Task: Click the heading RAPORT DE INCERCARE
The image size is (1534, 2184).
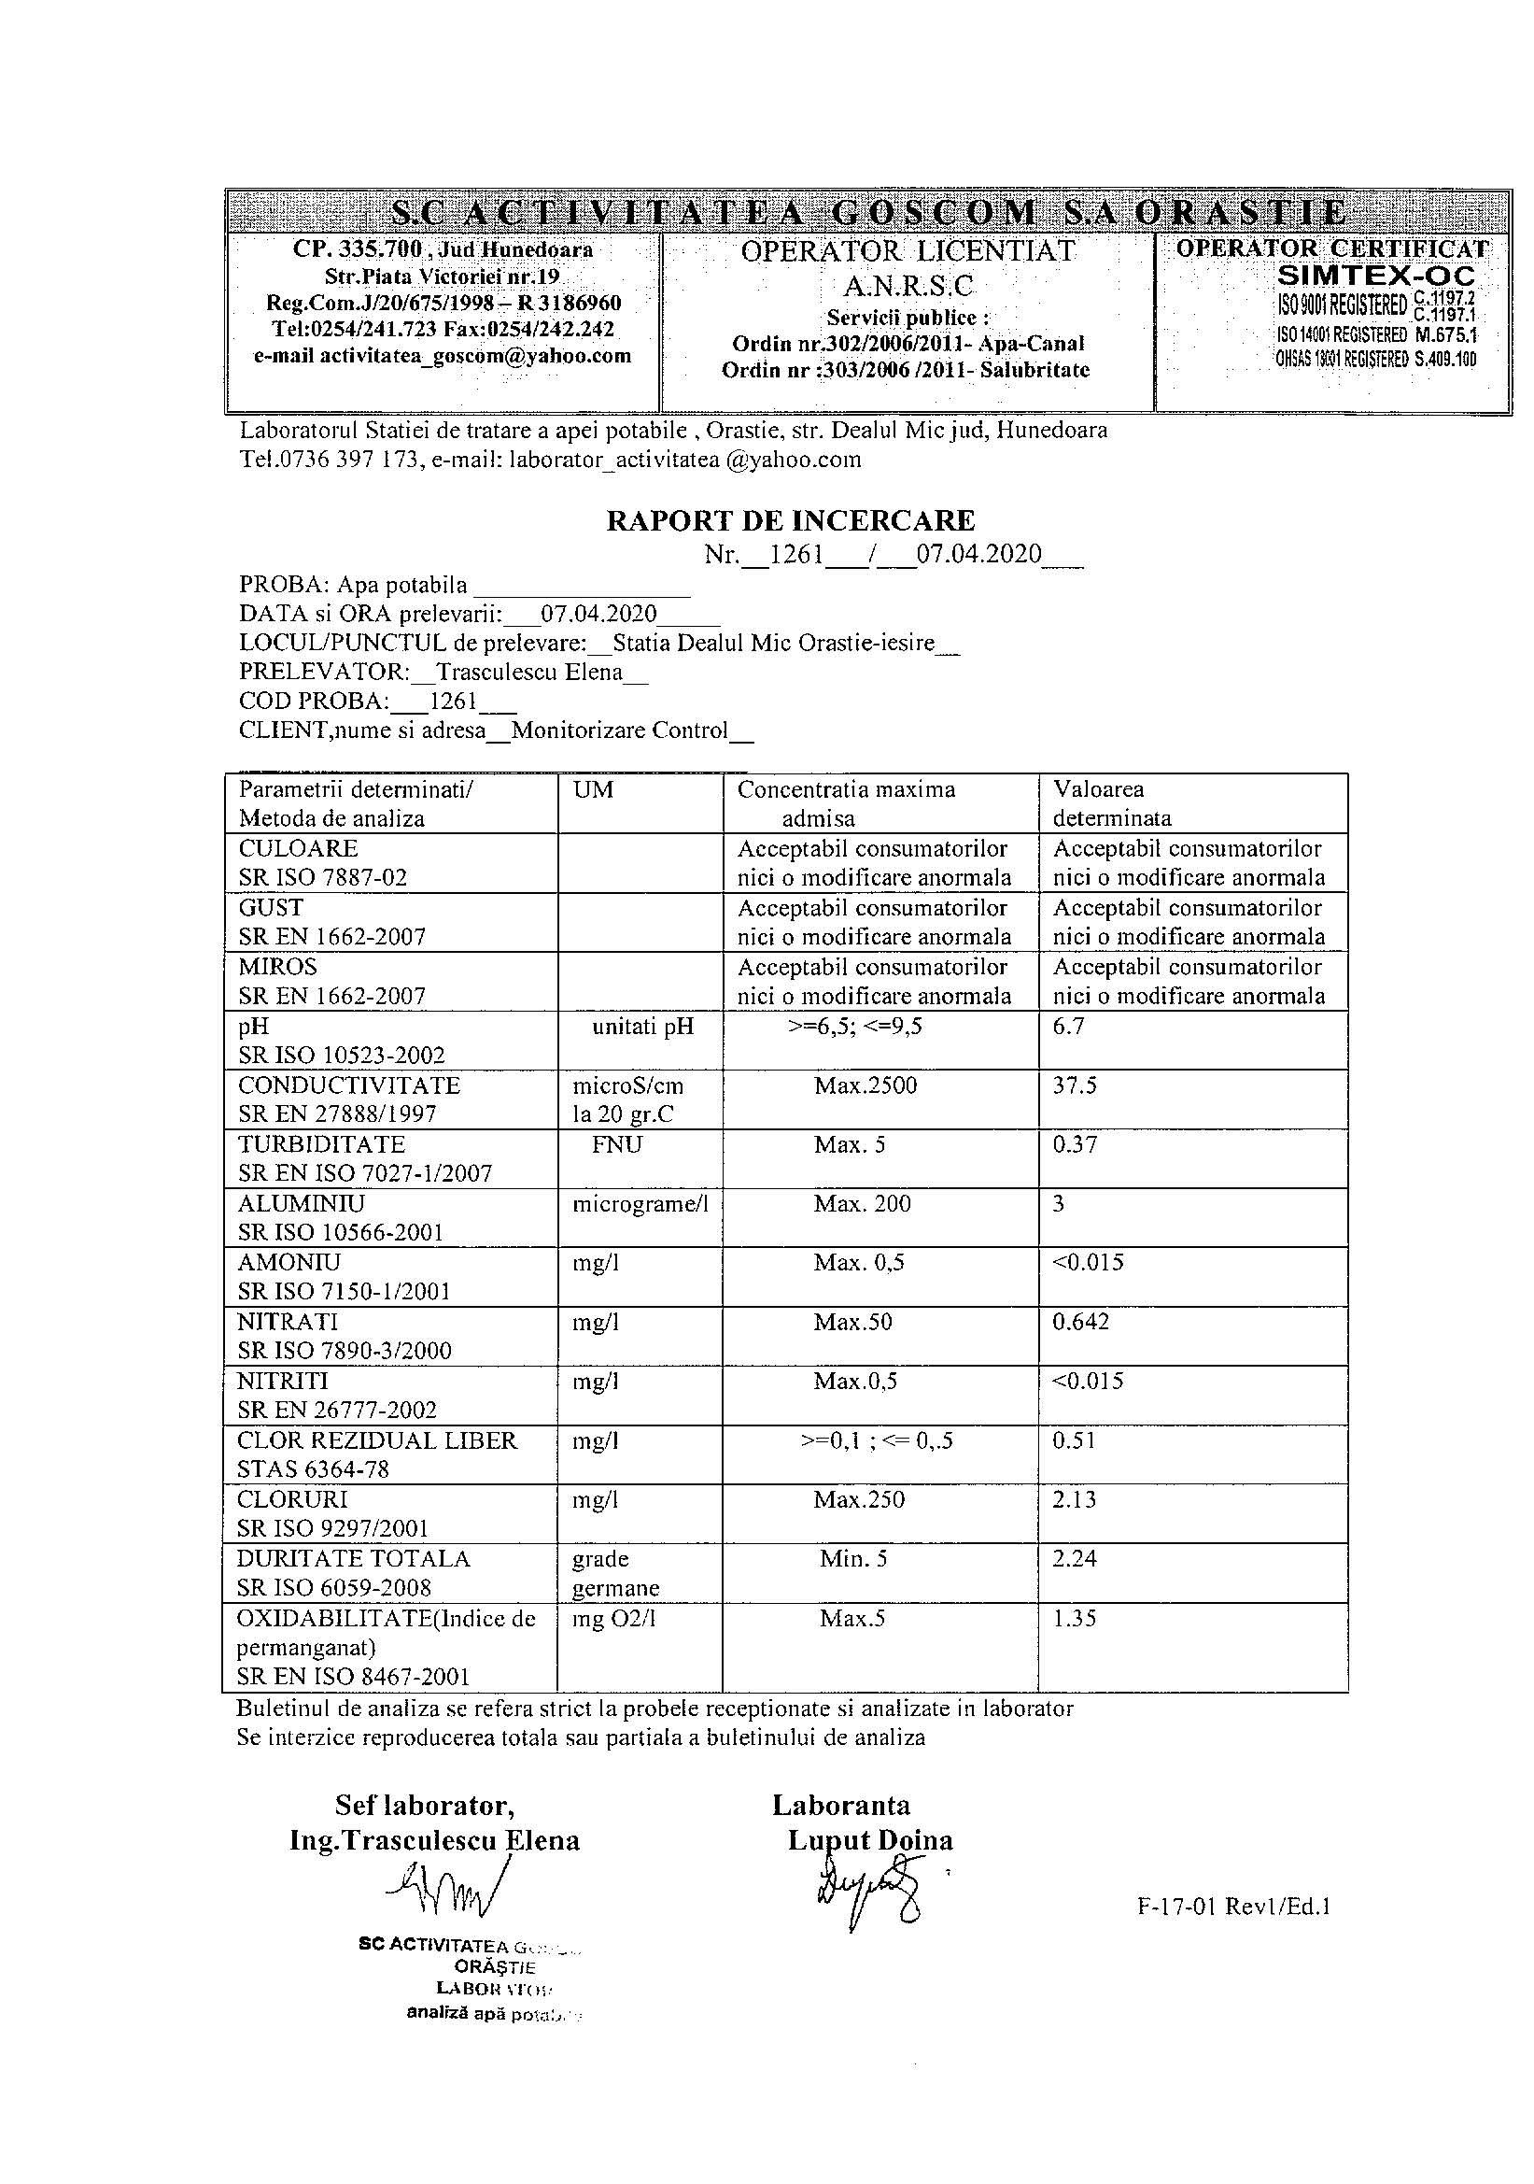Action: click(790, 520)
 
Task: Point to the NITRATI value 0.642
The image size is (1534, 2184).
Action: click(1080, 1321)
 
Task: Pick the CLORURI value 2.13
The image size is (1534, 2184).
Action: click(1075, 1499)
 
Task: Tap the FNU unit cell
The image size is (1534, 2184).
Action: click(616, 1144)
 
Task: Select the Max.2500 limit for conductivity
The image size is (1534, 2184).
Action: click(866, 1085)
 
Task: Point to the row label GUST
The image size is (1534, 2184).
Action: click(271, 907)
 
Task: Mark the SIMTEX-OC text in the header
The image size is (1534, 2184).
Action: click(1376, 277)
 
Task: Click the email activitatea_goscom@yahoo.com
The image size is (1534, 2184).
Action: click(443, 356)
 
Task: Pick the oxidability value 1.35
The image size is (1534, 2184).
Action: click(1075, 1618)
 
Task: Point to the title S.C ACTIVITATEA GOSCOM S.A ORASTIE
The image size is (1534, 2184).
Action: click(867, 211)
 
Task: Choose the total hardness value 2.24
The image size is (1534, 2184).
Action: click(1075, 1558)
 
